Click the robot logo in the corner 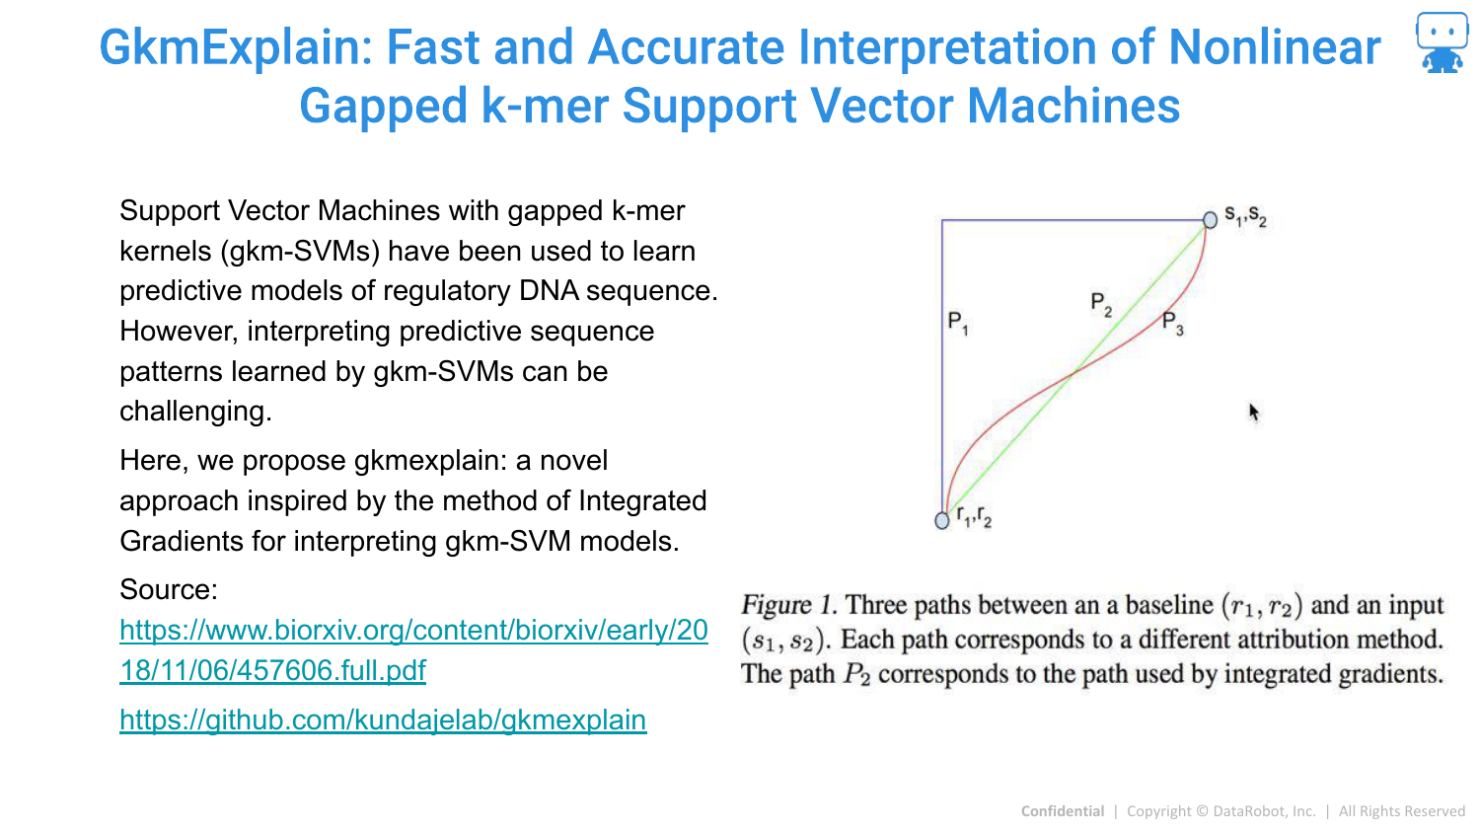(1443, 42)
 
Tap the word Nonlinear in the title (1275, 47)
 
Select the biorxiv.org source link (413, 649)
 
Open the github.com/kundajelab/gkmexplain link (383, 719)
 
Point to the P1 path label (958, 323)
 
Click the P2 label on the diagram (1101, 304)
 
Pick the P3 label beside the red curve (1173, 324)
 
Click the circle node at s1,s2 (1210, 219)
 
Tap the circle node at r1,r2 (942, 521)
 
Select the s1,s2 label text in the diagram (1245, 215)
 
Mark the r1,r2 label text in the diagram (975, 516)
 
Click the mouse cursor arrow (1254, 413)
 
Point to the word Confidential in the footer (1063, 811)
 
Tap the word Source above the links (169, 589)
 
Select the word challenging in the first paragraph (195, 412)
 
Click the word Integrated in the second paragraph (643, 500)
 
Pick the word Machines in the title (1073, 107)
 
